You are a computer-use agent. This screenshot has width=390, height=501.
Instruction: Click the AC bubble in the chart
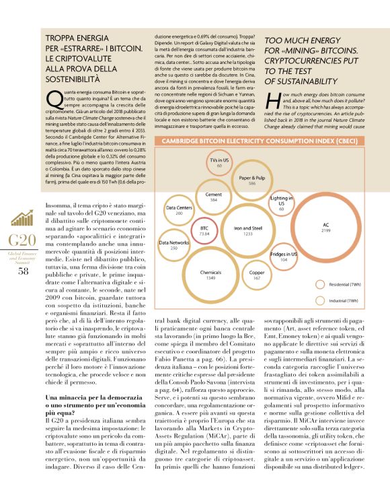[x=325, y=228]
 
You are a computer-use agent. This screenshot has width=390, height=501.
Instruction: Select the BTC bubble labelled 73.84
[x=205, y=231]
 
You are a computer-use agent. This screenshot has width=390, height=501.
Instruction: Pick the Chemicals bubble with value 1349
[x=210, y=274]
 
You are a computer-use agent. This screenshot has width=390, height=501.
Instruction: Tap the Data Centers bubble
[x=179, y=211]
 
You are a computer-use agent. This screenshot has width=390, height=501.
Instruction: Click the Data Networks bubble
[x=173, y=245]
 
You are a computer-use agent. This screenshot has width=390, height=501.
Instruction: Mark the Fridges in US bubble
[x=283, y=257]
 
